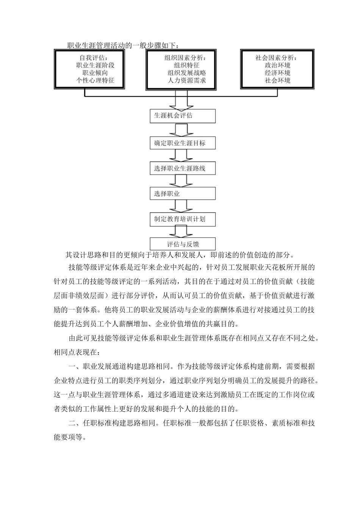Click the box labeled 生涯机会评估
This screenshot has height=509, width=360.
183,116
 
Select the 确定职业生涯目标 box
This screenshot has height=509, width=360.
183,143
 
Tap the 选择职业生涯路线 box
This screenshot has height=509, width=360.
183,169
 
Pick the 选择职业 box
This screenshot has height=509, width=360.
183,194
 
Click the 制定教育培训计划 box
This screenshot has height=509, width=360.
183,219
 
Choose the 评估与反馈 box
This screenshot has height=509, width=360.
183,244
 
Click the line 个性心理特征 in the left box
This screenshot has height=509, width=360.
95,80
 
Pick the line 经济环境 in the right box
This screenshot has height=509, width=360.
278,73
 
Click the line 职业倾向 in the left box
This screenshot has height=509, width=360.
95,73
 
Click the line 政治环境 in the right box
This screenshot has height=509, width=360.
278,65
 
